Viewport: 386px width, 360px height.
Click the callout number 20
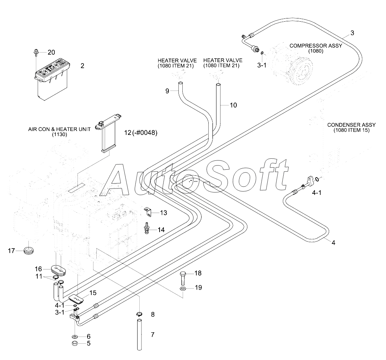click(52, 53)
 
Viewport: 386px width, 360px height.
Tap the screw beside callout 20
click(36, 52)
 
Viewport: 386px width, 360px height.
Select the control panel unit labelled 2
click(52, 78)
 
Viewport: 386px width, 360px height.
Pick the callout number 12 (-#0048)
click(141, 133)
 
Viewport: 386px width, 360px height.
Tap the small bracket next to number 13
click(148, 212)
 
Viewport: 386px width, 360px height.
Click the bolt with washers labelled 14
click(147, 228)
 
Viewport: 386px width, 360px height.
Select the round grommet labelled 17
click(28, 251)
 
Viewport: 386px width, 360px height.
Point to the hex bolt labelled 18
click(183, 278)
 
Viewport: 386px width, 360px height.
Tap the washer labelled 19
click(183, 288)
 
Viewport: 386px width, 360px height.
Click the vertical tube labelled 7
click(140, 334)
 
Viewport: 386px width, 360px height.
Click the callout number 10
click(233, 105)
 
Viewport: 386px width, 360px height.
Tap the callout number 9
click(167, 91)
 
